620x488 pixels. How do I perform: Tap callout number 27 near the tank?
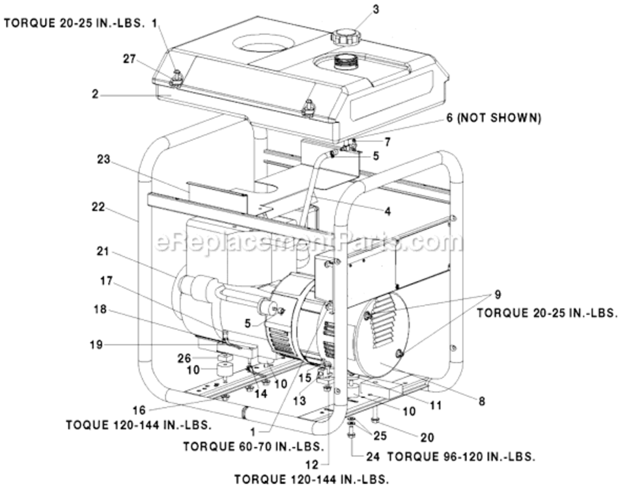tap(130, 58)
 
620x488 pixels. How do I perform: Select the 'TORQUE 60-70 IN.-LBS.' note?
tap(253, 447)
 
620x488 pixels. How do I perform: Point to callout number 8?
tap(482, 401)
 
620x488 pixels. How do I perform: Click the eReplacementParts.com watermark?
tap(309, 242)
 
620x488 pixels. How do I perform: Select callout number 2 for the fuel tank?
tap(96, 94)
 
